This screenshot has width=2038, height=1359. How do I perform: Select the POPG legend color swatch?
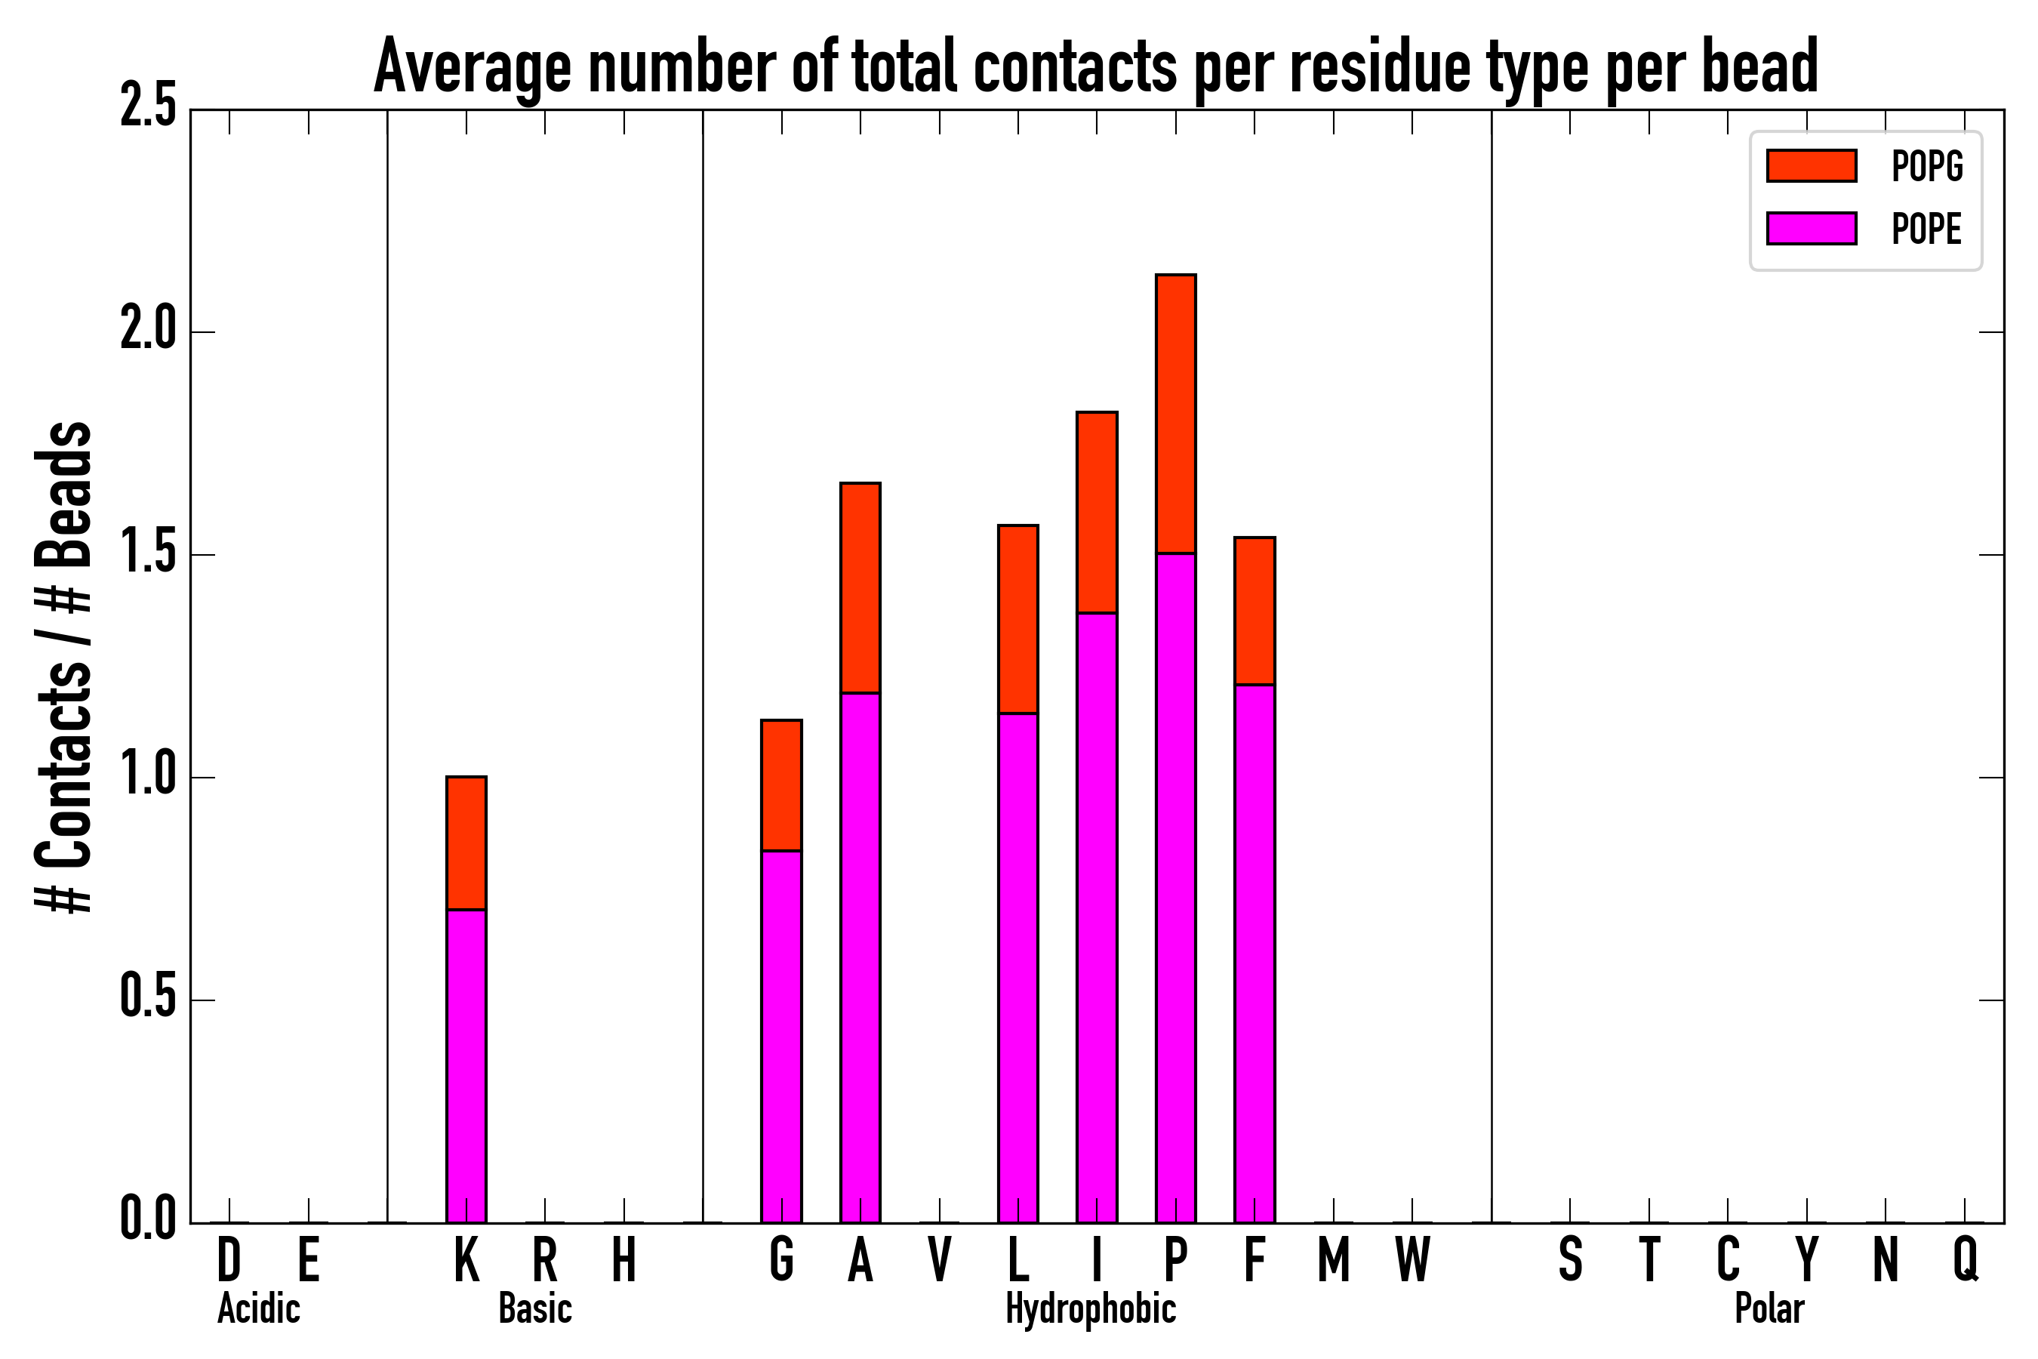click(1811, 165)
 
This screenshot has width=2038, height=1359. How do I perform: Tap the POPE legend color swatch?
click(1811, 228)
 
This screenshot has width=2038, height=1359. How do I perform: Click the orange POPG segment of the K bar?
click(466, 843)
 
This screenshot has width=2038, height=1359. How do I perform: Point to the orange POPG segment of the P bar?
click(1175, 414)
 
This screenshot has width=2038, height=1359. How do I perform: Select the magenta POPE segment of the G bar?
click(780, 1037)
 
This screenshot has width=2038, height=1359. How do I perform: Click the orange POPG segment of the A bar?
click(860, 587)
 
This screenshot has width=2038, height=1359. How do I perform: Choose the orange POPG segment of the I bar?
click(1096, 512)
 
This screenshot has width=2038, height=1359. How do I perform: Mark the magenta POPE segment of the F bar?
click(1254, 954)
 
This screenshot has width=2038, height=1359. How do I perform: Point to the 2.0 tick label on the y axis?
click(147, 331)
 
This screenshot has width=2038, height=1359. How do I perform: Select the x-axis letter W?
click(1412, 1259)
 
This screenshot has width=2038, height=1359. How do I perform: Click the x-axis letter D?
click(229, 1259)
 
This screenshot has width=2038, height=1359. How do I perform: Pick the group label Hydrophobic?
click(1090, 1308)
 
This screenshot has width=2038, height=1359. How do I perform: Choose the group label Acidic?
click(258, 1308)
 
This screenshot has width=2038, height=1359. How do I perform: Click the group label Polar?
click(1769, 1308)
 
